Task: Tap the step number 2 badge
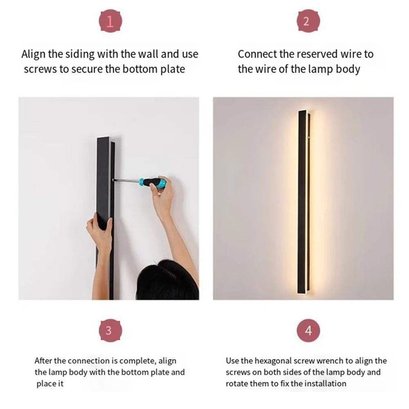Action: point(306,22)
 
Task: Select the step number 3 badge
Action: point(108,330)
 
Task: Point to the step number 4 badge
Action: point(308,330)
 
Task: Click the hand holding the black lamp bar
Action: point(99,233)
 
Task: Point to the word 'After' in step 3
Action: point(43,361)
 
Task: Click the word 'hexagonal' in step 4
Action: point(272,361)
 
